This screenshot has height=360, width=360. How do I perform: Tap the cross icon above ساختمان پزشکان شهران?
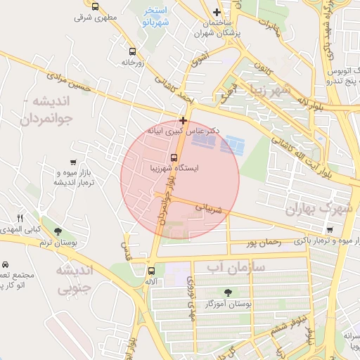pyautogui.click(x=217, y=12)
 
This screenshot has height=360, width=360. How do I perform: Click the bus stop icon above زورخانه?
pyautogui.click(x=133, y=51)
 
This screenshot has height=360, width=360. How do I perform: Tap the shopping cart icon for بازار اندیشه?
pyautogui.click(x=74, y=162)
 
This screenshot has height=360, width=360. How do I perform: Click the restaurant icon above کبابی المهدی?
pyautogui.click(x=20, y=218)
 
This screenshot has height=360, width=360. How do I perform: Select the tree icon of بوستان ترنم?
pyautogui.click(x=58, y=231)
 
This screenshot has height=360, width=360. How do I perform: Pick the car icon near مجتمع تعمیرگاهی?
pyautogui.click(x=6, y=264)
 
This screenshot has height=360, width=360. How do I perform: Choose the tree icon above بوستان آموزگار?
pyautogui.click(x=227, y=292)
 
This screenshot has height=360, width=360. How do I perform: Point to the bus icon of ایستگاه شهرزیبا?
pyautogui.click(x=174, y=157)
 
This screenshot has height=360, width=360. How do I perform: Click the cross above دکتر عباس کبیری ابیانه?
pyautogui.click(x=184, y=120)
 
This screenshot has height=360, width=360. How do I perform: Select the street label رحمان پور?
pyautogui.click(x=263, y=243)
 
